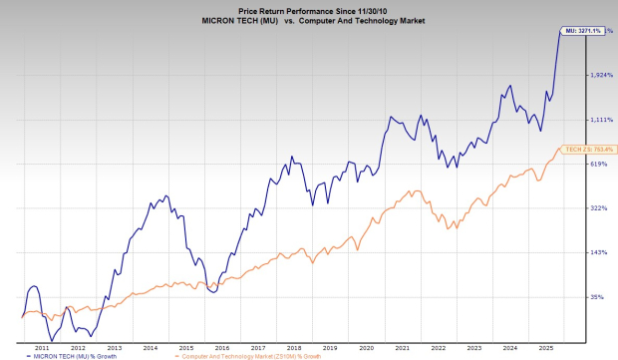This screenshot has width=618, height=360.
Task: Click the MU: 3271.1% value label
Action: tap(582, 32)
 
